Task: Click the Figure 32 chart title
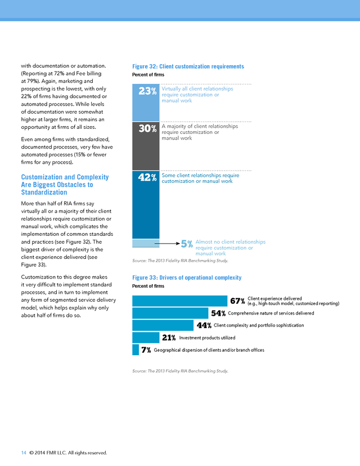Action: coord(188,66)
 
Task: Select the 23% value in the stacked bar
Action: coord(147,91)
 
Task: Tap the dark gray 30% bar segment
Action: coord(146,146)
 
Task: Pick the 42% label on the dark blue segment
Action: coord(147,177)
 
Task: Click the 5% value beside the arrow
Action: coord(187,244)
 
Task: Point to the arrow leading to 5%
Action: coord(167,244)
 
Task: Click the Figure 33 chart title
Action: coord(187,277)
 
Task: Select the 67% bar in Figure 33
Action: coord(179,301)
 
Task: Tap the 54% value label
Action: coord(218,313)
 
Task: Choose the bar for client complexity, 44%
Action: coord(163,325)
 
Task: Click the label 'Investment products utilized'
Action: coord(207,338)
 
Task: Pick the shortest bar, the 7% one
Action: coord(136,350)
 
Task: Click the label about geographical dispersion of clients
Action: coord(209,350)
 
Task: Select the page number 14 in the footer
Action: coord(24,452)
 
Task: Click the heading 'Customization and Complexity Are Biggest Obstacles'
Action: coord(65,185)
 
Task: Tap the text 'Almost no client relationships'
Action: coord(231,242)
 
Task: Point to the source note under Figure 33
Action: coord(181,371)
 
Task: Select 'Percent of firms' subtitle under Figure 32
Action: coord(148,75)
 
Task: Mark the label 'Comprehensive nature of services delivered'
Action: coord(271,313)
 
